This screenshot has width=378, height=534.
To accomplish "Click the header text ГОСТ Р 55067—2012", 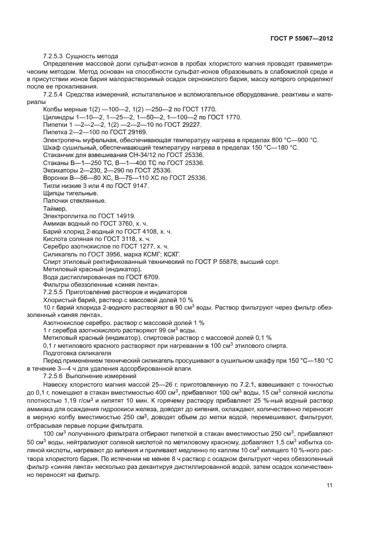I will pyautogui.click(x=302, y=38).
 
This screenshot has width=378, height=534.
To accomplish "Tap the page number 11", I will pyautogui.click(x=330, y=485).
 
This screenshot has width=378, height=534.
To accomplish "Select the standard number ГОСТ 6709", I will pyautogui.click(x=141, y=276).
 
